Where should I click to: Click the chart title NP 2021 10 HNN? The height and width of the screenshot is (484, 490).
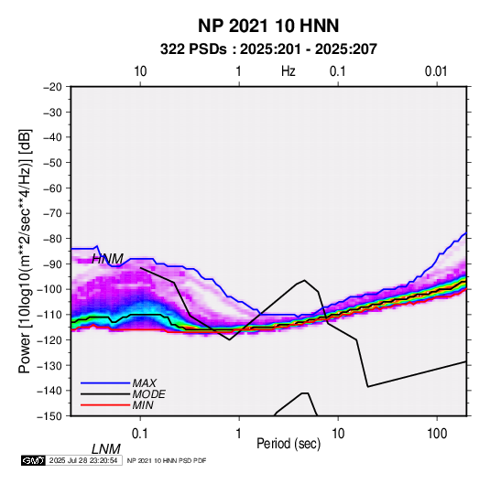coord(268,26)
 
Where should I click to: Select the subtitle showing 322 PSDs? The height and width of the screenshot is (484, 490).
coord(268,49)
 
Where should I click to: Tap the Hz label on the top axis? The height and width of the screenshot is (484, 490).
coord(288,71)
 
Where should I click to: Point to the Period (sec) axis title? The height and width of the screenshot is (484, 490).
coord(289,444)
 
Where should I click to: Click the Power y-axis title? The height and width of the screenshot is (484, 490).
coord(25,251)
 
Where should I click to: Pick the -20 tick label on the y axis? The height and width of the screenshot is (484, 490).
coord(52,87)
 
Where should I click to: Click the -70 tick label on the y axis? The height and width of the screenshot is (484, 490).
coord(52,213)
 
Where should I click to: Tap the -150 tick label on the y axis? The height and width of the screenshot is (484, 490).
coord(49,416)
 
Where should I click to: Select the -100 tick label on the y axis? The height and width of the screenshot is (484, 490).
coord(49,289)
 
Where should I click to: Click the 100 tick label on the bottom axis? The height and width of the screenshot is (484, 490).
coord(437,434)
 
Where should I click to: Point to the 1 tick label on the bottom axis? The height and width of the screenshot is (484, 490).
coord(239,434)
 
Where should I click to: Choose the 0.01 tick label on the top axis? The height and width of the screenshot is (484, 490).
coord(436,71)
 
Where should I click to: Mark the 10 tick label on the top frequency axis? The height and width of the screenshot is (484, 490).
coord(140,71)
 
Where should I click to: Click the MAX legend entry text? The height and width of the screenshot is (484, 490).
coord(145,383)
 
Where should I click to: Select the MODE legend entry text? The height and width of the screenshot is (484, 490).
coord(148,394)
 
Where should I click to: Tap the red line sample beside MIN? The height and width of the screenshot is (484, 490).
coord(105,405)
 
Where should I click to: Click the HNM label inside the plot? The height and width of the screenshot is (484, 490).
coord(107,259)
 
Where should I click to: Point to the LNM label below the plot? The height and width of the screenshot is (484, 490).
coord(105,449)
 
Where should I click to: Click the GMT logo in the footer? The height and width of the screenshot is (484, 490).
coord(33,460)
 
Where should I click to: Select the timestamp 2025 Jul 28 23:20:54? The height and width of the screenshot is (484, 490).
coord(83,460)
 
